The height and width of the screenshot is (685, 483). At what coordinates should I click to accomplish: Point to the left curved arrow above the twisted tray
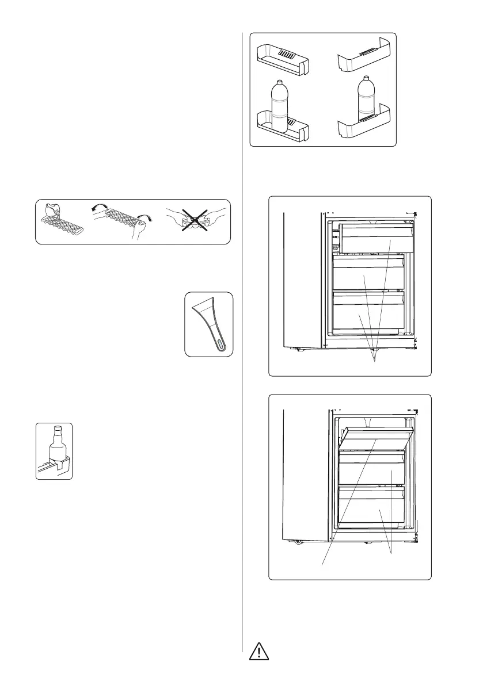[x=99, y=209]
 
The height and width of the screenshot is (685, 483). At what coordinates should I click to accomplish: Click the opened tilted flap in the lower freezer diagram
[x=377, y=438]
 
